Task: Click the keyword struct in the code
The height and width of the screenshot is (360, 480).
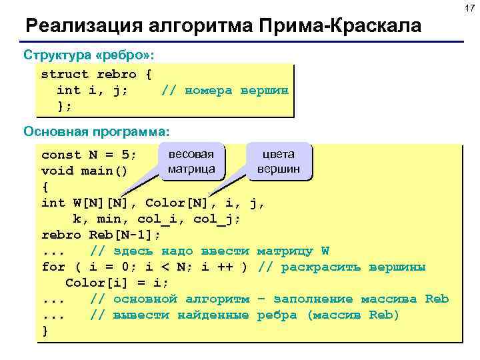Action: (65, 74)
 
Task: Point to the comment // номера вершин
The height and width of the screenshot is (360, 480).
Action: (225, 90)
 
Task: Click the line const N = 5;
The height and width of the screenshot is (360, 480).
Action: (89, 155)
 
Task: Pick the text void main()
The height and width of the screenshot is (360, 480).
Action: (84, 171)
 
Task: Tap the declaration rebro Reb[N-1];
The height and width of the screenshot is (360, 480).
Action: (101, 235)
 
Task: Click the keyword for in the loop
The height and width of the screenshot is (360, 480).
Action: (53, 267)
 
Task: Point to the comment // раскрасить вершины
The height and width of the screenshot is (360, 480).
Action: (341, 267)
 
